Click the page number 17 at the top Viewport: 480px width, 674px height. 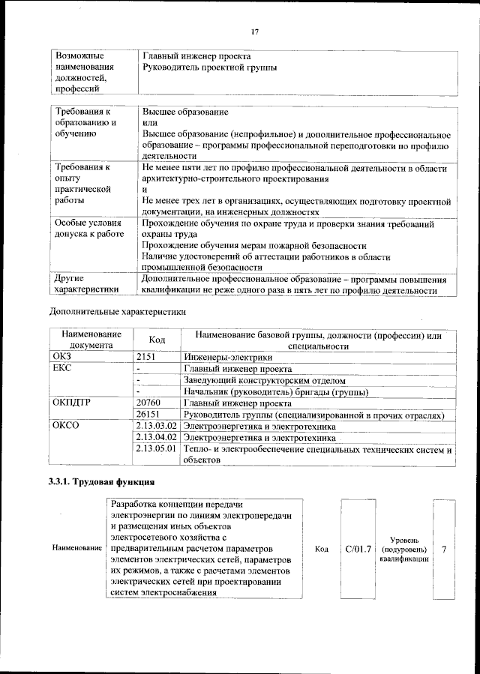tap(254, 31)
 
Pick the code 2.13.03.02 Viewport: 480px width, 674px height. tap(157, 426)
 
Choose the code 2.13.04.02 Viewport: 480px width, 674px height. tap(157, 437)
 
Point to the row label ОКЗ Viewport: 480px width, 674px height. tap(61, 358)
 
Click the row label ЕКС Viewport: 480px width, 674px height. tap(61, 369)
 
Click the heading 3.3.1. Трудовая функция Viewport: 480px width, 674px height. tap(102, 481)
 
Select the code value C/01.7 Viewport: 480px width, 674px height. tap(358, 550)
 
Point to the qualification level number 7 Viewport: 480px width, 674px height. tap(444, 550)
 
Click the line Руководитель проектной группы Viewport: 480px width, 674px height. tap(209, 67)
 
